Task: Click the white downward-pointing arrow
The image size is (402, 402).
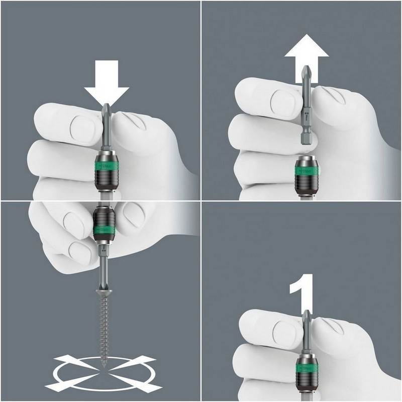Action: click(x=107, y=85)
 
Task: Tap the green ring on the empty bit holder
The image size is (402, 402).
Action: click(x=306, y=170)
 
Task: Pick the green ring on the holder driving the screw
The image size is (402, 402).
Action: click(x=105, y=230)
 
